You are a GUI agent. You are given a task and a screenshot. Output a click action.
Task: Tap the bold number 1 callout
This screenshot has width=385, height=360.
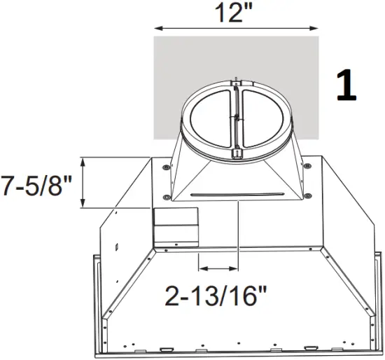point(346,85)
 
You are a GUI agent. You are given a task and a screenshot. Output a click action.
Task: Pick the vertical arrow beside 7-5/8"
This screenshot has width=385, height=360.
point(84,183)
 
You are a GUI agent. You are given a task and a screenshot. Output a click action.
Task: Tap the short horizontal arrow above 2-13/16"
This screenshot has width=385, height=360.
point(218,268)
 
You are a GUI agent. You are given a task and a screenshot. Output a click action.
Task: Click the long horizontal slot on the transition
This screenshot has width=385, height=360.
point(237,193)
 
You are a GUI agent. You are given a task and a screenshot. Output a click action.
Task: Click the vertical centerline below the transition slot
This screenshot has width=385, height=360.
point(238,231)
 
